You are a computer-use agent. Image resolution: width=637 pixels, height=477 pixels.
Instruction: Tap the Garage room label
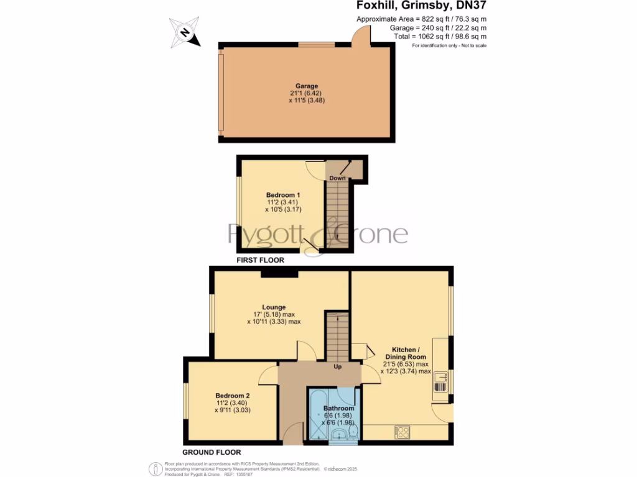307,86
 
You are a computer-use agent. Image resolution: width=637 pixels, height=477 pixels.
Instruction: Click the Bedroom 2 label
232,396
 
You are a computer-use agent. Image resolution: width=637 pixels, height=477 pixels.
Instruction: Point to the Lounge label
274,307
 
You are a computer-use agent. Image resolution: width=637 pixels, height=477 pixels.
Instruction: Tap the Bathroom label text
338,408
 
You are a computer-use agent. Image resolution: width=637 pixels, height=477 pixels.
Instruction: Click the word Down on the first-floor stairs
337,178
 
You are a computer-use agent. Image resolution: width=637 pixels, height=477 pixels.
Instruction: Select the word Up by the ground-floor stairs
338,366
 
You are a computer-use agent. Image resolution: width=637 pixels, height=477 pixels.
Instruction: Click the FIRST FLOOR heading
260,260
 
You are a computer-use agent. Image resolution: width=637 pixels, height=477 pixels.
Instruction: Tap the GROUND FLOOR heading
212,452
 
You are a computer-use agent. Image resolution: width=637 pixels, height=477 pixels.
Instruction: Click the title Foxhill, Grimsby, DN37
421,6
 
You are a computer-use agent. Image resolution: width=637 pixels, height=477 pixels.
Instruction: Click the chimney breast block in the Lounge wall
279,273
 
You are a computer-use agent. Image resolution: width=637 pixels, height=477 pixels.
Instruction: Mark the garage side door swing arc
360,37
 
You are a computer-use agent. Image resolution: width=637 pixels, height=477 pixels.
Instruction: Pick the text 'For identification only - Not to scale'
449,46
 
